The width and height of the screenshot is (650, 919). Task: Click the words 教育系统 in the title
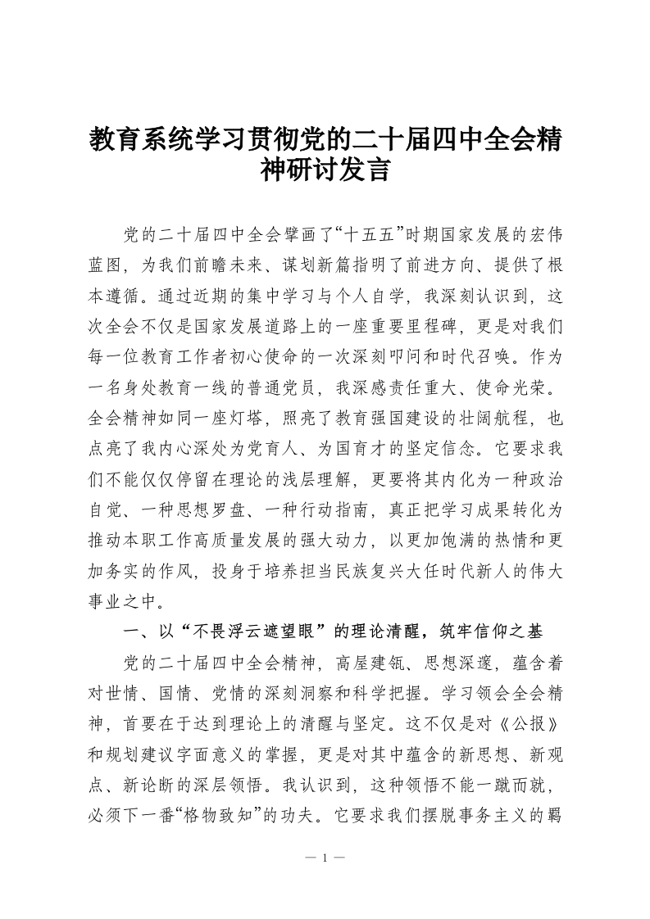pos(136,141)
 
